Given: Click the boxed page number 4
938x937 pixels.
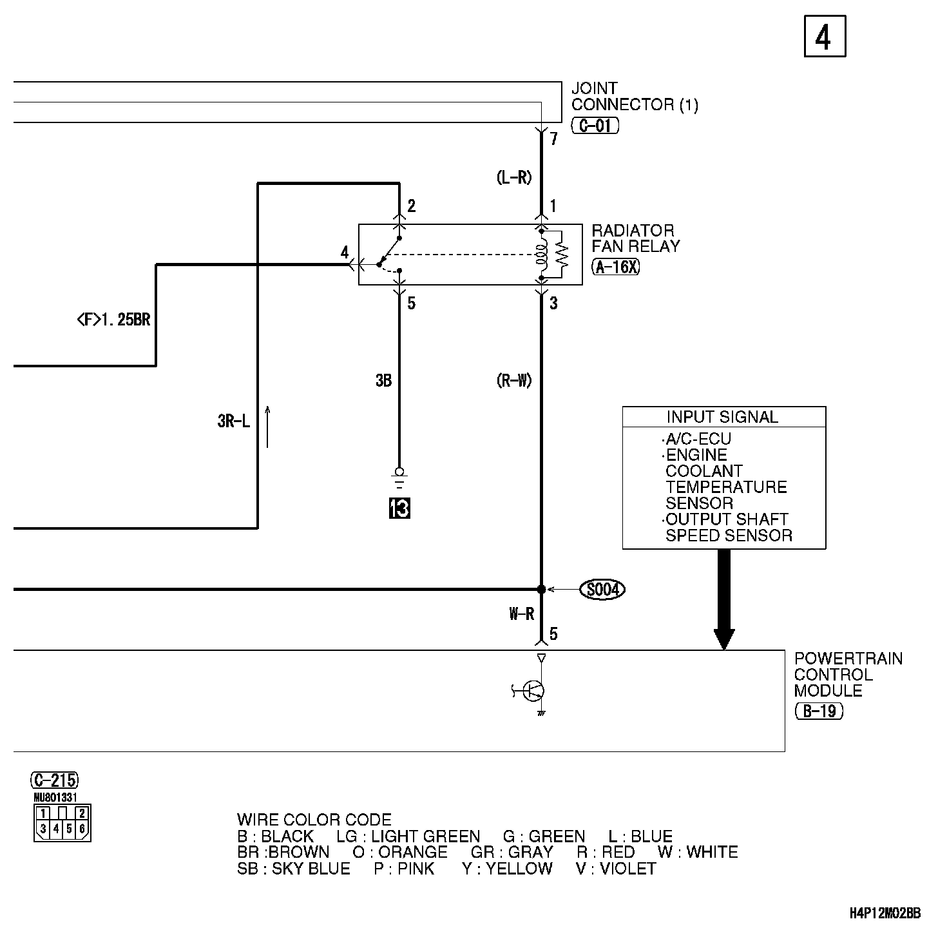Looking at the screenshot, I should coord(824,37).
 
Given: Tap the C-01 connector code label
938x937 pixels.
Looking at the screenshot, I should coord(595,125).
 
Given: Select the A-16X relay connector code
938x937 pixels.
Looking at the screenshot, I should coord(616,266).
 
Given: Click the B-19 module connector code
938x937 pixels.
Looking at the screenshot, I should coord(819,711).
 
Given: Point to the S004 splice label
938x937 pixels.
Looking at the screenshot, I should coord(602,589).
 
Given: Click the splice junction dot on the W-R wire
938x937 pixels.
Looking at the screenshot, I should coord(541,589).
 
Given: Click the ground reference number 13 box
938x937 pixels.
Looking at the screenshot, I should coord(399,508).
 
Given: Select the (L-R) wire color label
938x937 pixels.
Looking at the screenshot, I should coord(515,178).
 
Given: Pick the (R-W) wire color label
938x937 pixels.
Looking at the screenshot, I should coord(514,381).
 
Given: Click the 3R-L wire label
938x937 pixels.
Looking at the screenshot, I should coord(233,422).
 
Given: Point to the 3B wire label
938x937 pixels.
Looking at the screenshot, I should coord(383,381).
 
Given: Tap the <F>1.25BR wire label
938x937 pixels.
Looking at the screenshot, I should coord(113,319).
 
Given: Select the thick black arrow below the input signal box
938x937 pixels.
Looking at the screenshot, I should coord(724,599).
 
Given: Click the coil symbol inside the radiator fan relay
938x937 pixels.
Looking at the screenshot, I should coord(542,255).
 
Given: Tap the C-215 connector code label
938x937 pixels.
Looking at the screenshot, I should coord(55,780).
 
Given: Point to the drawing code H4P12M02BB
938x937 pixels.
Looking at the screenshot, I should coord(885,913).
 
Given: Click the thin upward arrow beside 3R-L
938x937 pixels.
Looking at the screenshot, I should coord(267,426).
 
